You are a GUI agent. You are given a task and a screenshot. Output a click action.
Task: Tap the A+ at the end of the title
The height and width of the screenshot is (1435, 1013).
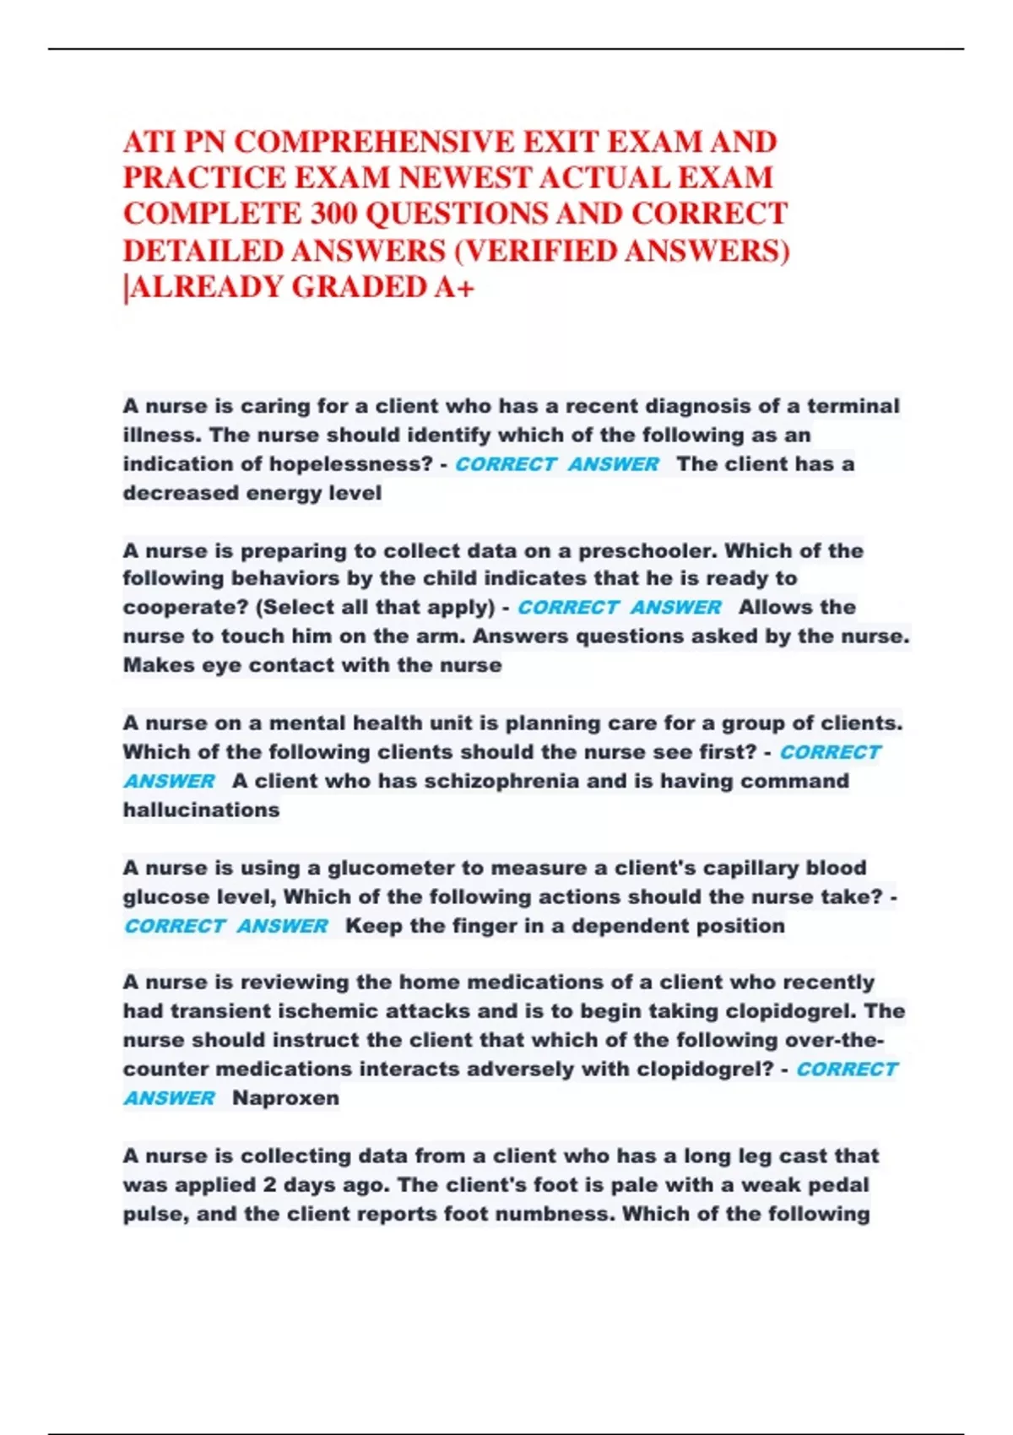[454, 287]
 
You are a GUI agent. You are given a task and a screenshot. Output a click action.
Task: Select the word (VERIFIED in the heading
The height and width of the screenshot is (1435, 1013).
[536, 251]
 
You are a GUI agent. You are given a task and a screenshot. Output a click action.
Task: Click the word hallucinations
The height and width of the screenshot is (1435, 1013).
[201, 810]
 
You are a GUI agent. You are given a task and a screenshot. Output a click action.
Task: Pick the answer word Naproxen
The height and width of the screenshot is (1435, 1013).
[285, 1098]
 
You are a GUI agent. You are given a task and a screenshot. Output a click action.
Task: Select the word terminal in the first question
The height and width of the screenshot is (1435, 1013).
[853, 406]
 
